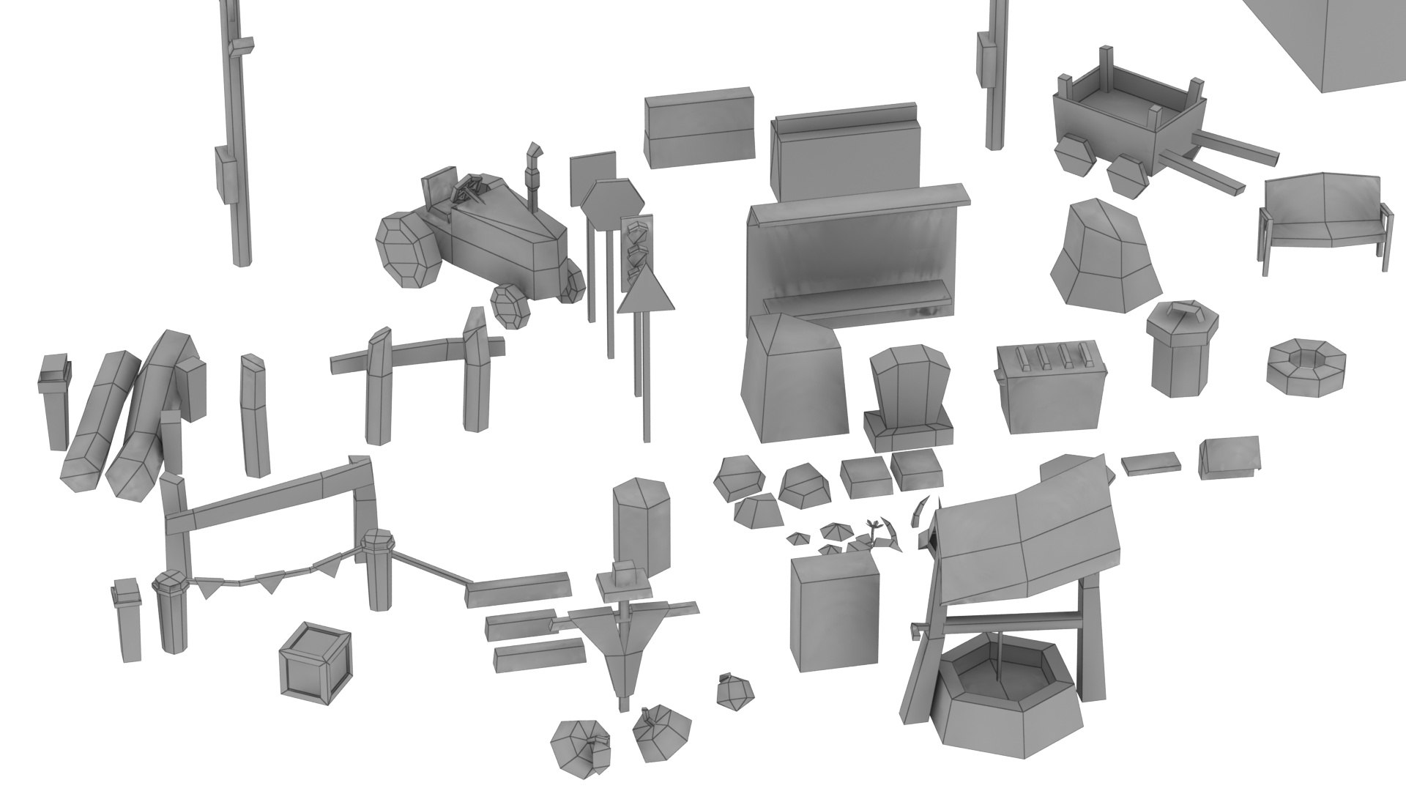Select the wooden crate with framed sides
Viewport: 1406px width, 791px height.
315,663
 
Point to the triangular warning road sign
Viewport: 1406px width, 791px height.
644,294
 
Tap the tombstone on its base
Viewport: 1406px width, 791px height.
908,399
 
